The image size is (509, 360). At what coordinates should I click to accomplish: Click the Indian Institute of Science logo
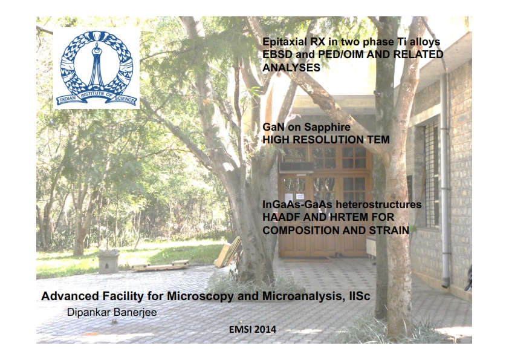tap(96, 68)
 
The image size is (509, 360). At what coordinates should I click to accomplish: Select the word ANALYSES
tap(291, 67)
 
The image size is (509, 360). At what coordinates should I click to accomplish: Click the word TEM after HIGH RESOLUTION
tap(378, 140)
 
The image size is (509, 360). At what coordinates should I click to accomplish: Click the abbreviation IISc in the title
tap(360, 296)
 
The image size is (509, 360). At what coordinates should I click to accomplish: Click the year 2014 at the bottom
tap(265, 330)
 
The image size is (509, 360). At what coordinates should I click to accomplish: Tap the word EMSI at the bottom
tap(240, 330)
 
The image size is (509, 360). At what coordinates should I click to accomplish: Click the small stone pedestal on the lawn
tap(108, 261)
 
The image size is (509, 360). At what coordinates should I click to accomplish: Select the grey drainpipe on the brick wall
tap(445, 178)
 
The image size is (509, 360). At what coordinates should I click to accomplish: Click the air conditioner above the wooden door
tap(296, 167)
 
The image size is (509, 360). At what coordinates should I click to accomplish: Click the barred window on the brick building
tap(431, 174)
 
